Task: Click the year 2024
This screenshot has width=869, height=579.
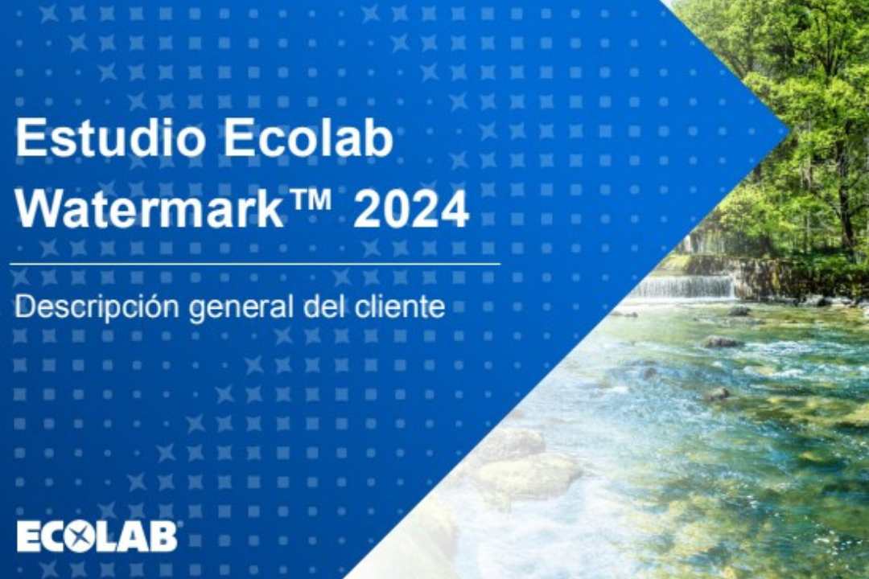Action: [411, 210]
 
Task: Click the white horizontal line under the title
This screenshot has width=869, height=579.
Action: [255, 265]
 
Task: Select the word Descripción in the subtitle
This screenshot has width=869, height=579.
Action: [97, 307]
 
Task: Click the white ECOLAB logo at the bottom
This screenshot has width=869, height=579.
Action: [97, 536]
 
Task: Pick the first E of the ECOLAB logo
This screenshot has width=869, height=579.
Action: [28, 537]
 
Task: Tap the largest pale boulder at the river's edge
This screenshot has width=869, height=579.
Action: [526, 477]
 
